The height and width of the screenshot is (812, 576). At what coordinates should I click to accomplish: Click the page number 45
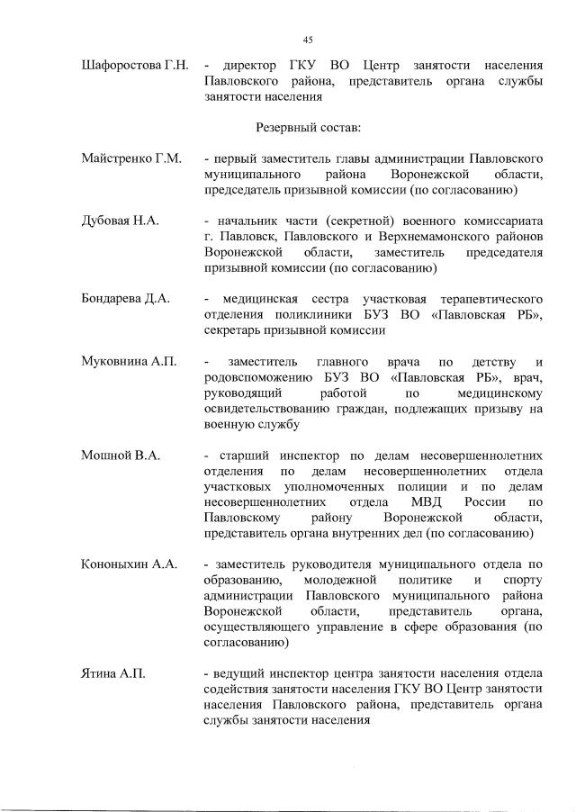307,40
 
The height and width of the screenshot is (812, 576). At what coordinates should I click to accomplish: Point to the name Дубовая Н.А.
120,221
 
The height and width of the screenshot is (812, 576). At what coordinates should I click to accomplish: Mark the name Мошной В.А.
121,456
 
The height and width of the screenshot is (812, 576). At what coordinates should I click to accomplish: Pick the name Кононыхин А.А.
127,564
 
